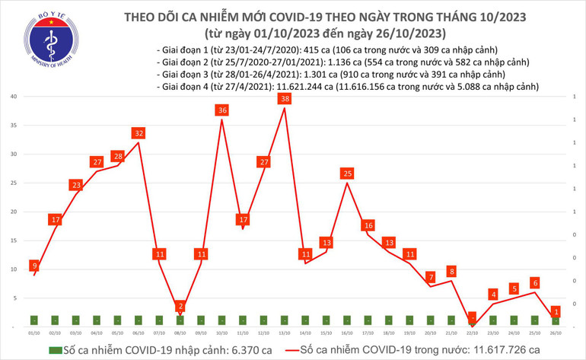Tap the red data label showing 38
285,99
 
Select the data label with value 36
222,110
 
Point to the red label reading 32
139,133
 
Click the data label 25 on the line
348,174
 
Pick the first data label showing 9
34,266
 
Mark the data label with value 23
76,185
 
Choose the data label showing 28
118,156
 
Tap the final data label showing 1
557,311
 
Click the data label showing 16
368,225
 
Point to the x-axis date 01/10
34,333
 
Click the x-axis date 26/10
557,333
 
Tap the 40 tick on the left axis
14,97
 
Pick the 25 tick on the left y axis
14,183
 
